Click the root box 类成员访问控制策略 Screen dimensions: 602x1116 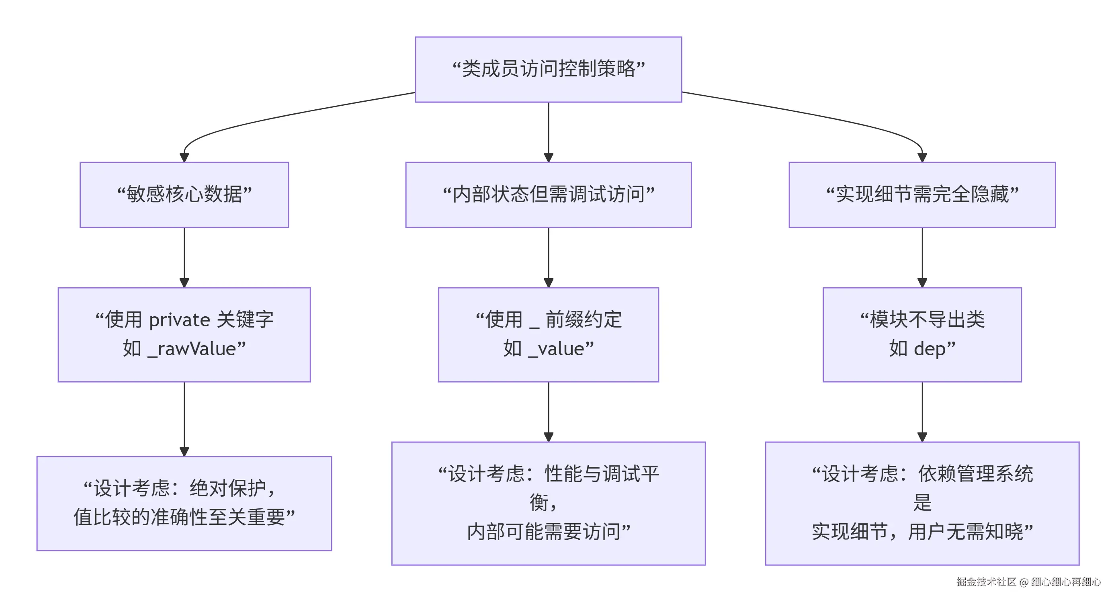tap(548, 69)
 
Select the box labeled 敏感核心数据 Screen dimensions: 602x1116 tap(184, 195)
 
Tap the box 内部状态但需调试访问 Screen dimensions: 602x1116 tap(548, 195)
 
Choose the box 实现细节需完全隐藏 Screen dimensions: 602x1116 tap(922, 195)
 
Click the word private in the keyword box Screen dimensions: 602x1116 tap(179, 320)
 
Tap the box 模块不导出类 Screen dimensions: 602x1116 tap(922, 334)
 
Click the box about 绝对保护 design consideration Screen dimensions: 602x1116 tap(184, 503)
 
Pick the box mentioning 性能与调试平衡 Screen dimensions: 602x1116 tap(548, 503)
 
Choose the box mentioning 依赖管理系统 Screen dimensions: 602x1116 tap(922, 503)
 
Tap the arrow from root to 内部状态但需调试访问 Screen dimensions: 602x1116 tap(549, 130)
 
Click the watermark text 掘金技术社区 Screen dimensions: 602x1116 tap(986, 582)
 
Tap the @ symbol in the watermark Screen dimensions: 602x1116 tap(1024, 582)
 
